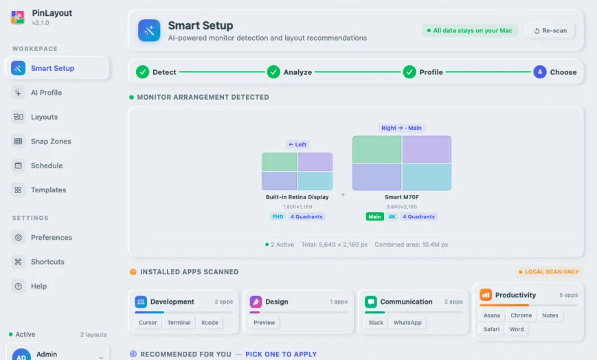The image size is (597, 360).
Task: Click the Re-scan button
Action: [550, 30]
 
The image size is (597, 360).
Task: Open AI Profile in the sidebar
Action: [46, 93]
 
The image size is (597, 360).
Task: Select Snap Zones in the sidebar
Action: [51, 142]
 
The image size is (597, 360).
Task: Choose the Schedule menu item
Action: [47, 166]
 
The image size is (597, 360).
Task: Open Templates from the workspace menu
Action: [48, 190]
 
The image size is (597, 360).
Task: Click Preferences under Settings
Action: [52, 237]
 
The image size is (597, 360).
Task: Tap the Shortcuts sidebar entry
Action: [47, 262]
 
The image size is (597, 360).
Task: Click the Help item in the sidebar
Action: [38, 286]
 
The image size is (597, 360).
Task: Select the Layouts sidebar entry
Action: [44, 117]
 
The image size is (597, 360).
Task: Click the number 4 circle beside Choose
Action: [539, 72]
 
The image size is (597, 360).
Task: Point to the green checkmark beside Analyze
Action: [273, 72]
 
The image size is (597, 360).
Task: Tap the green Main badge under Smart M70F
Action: [374, 216]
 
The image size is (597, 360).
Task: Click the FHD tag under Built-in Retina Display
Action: [278, 216]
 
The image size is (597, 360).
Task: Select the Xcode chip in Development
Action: [210, 323]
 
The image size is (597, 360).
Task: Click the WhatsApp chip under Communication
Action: [407, 323]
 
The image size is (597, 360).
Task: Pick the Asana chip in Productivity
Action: [491, 315]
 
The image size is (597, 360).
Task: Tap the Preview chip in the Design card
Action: [264, 323]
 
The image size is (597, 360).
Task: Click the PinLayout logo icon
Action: [18, 17]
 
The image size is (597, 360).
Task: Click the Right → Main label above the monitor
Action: [401, 128]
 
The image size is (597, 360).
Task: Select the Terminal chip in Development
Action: [179, 323]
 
